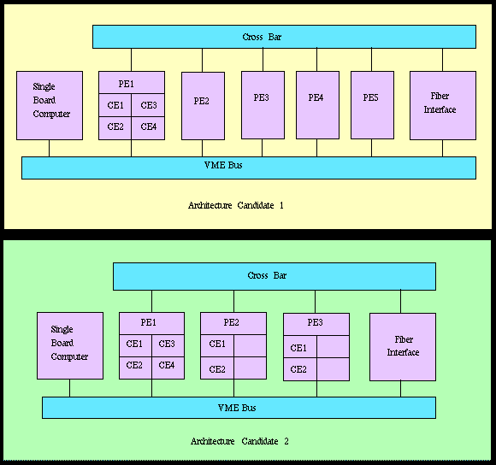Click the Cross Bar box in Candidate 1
[284, 37]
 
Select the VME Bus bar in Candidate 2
[239, 408]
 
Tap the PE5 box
[372, 105]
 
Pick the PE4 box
[317, 105]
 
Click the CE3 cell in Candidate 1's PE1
[148, 105]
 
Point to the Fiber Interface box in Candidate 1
[443, 105]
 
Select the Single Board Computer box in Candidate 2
[70, 345]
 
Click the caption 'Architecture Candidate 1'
[236, 205]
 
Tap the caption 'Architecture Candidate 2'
[239, 441]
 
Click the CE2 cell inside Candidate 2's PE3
[300, 369]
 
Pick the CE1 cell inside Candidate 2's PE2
[217, 345]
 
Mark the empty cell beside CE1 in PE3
[334, 346]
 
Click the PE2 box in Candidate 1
[203, 106]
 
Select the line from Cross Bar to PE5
[371, 60]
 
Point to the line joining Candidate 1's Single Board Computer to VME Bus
[49, 148]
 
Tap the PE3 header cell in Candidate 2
[316, 324]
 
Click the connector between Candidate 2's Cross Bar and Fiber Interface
[400, 302]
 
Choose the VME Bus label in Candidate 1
[223, 165]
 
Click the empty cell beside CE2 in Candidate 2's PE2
[251, 368]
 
